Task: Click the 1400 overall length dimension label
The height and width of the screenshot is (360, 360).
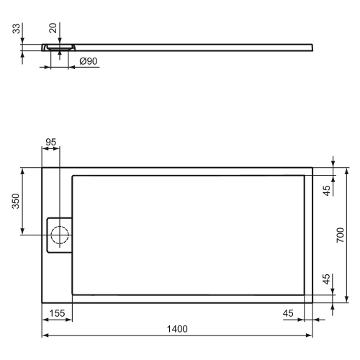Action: [177, 329]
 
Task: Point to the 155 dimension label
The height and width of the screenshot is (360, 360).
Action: [58, 313]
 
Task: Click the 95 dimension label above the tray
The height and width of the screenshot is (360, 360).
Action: [51, 142]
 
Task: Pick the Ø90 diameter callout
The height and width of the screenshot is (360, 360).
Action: [86, 62]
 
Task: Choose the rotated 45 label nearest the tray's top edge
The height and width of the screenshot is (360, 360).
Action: [327, 191]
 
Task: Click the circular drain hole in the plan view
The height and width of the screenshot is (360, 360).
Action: [60, 235]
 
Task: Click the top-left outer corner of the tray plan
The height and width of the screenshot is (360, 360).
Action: [42, 168]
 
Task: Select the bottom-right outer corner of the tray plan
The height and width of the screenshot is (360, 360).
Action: [312, 302]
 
